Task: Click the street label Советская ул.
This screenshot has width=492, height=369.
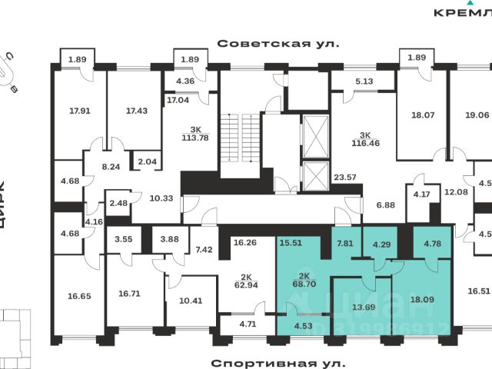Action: pos(278,45)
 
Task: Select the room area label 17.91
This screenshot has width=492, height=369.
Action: pos(80,111)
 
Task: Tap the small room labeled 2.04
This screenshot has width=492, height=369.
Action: pos(145,161)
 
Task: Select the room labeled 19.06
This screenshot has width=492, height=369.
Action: pos(477,115)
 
